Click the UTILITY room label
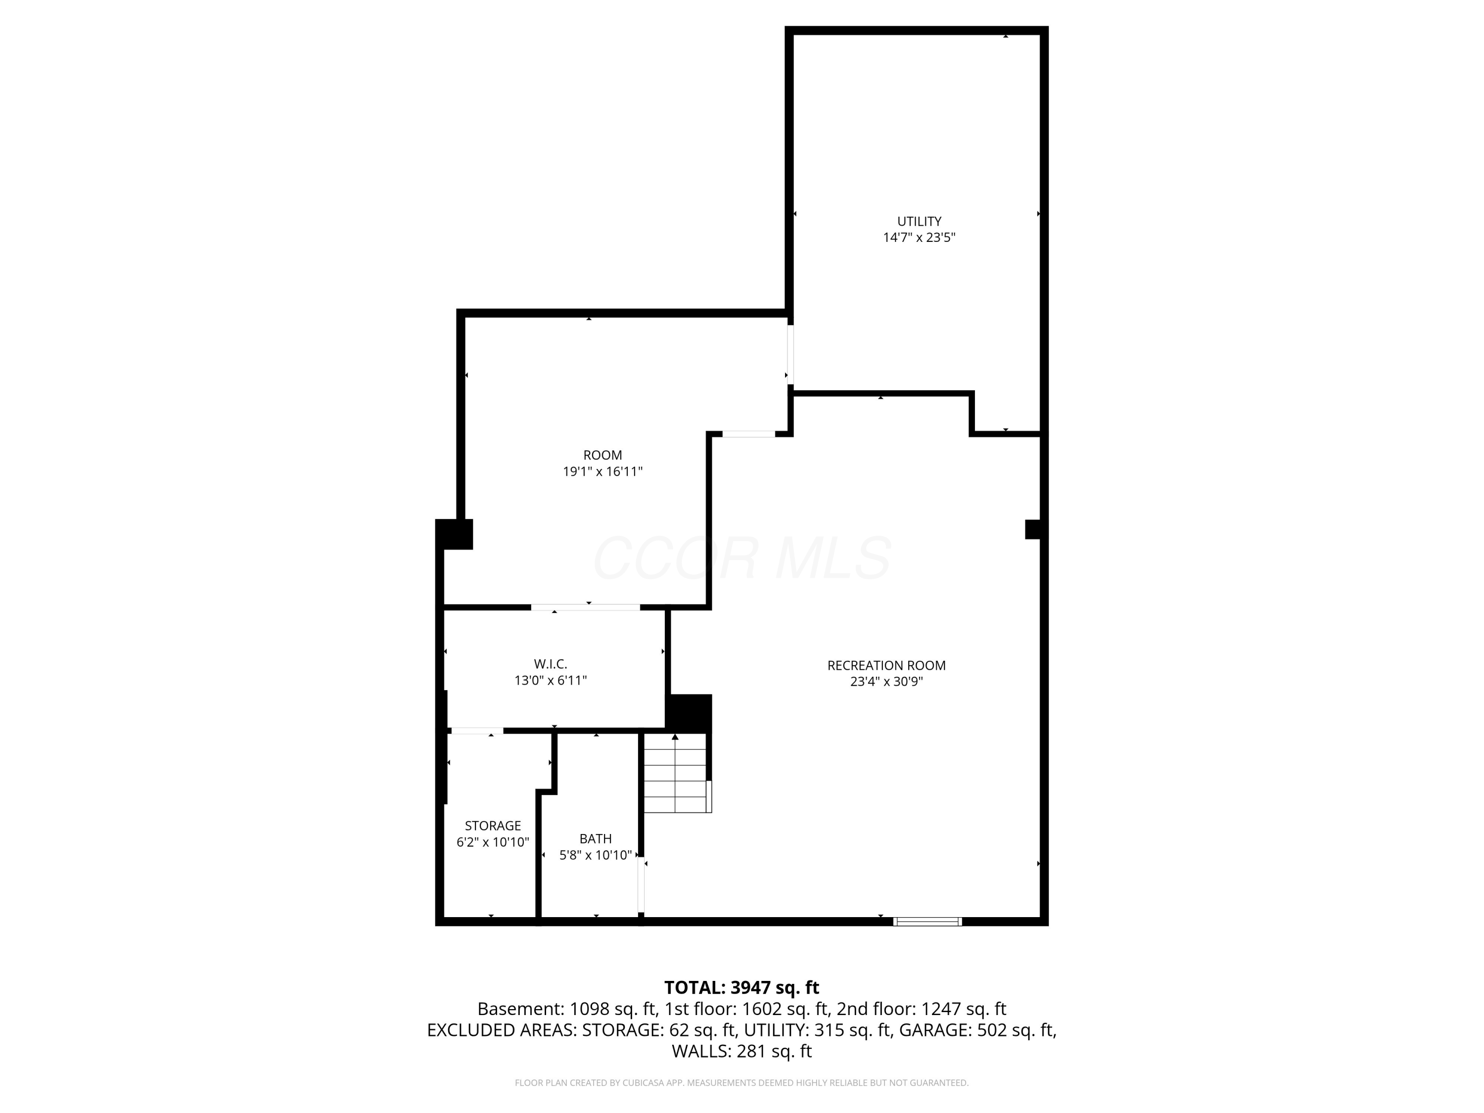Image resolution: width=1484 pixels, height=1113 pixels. [x=919, y=221]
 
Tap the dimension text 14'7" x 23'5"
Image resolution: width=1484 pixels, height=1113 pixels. [x=919, y=237]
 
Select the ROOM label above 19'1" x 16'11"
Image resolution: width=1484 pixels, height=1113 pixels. [x=603, y=455]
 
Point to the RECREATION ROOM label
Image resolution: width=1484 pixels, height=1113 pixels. [x=886, y=665]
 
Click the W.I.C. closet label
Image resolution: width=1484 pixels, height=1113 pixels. [x=550, y=663]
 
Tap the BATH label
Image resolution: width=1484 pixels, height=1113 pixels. [x=595, y=838]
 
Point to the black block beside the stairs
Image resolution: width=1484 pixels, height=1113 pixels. [x=689, y=712]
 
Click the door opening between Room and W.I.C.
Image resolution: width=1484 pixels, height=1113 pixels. [x=585, y=607]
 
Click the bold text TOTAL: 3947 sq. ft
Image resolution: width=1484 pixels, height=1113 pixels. [x=742, y=987]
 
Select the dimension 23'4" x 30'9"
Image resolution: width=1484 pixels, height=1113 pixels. [x=886, y=682]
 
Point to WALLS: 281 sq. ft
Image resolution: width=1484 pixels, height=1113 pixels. [x=742, y=1051]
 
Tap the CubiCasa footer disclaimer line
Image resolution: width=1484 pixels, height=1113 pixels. [x=742, y=1083]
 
